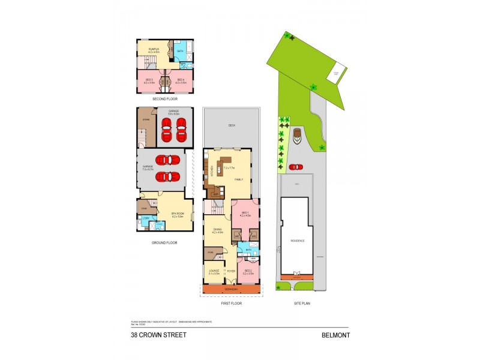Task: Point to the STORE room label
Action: click(145, 120)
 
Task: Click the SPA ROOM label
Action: click(178, 214)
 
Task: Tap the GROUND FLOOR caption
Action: click(164, 243)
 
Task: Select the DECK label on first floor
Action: click(231, 126)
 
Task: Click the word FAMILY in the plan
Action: click(239, 180)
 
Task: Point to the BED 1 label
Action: click(245, 214)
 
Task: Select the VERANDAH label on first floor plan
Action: click(231, 289)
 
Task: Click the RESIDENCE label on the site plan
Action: click(298, 241)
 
